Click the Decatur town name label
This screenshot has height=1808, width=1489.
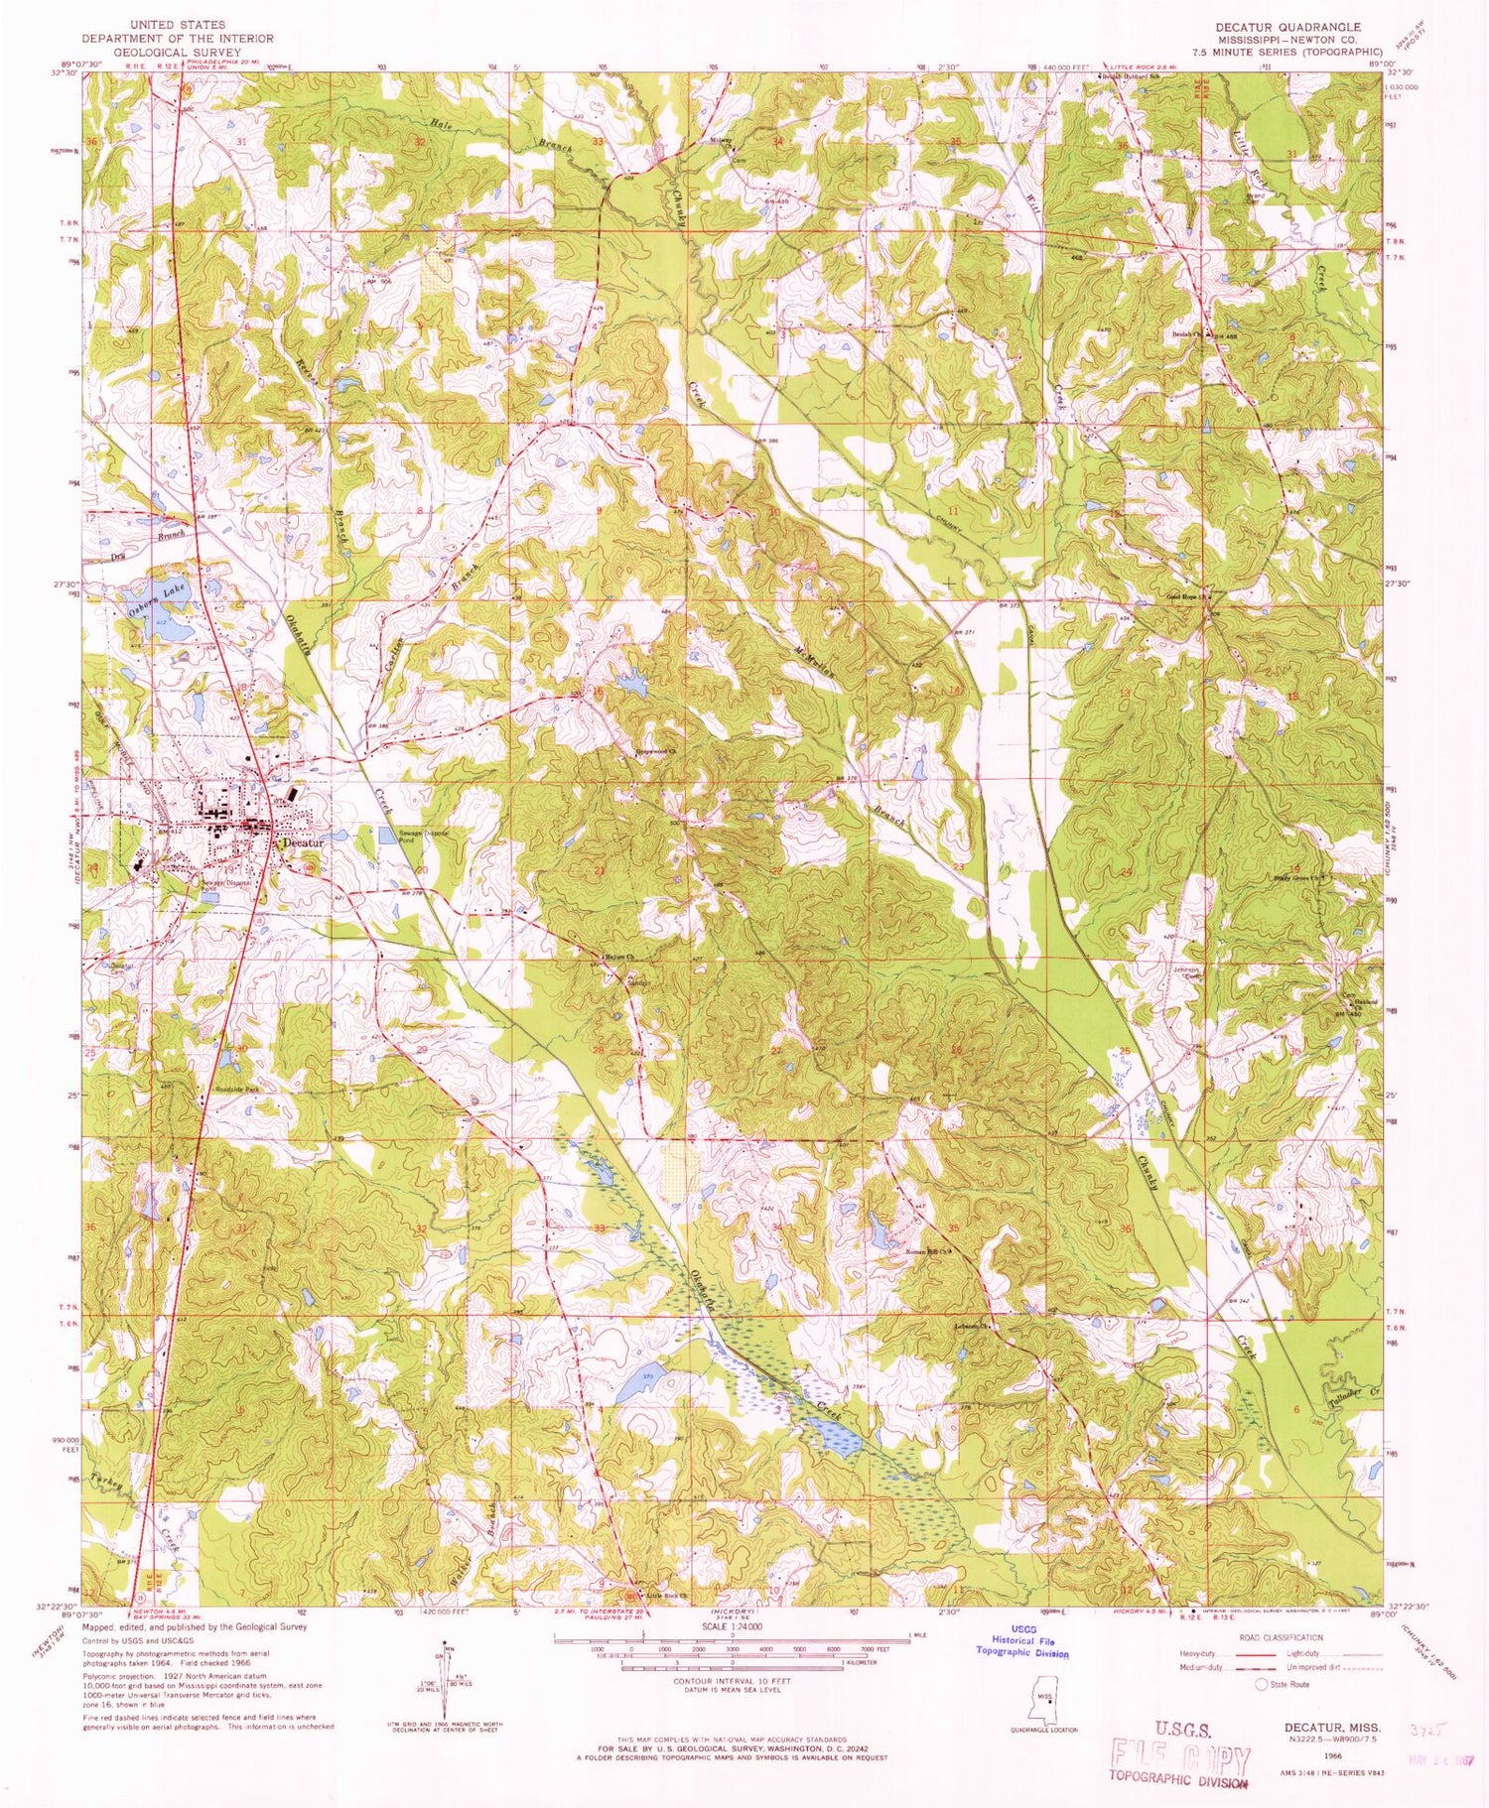click(x=304, y=841)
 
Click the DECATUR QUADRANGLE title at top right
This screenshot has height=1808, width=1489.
click(x=1290, y=27)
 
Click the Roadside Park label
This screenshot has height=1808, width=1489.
click(x=236, y=1089)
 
